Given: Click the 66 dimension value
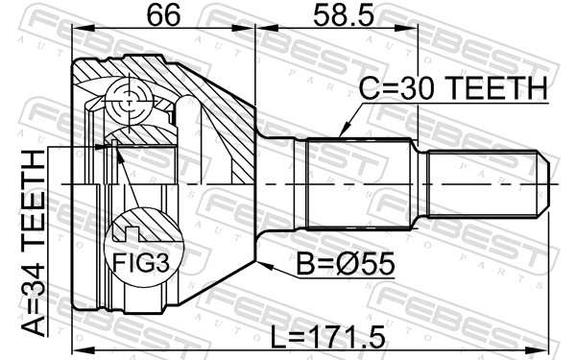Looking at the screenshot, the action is coord(163,15).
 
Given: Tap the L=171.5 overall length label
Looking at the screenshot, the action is coord(327,337).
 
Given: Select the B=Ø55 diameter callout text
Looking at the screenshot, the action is coord(346,264).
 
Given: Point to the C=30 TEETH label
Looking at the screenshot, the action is coord(453,88).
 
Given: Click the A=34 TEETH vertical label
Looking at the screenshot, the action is coord(33,244).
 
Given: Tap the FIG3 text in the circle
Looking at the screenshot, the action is coord(141,263).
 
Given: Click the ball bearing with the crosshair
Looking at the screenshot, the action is coord(129,102).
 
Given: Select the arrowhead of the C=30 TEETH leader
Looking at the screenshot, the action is coord(343,132).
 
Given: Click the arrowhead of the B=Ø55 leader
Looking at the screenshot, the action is coord(263,265).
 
